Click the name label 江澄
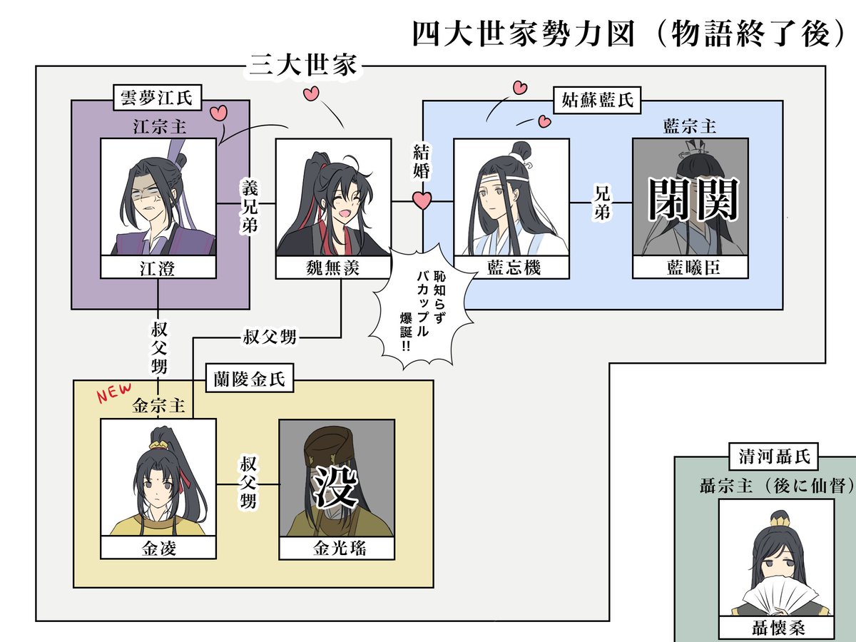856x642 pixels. click(x=158, y=267)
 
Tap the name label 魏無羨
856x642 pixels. click(x=333, y=267)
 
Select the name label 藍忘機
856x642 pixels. click(x=511, y=267)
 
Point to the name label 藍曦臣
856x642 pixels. click(x=690, y=267)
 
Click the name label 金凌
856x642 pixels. click(x=158, y=548)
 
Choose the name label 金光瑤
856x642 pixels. click(x=336, y=548)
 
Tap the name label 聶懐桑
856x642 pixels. click(x=775, y=628)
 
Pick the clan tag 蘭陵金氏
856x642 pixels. click(x=249, y=379)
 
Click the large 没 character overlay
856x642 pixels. click(x=336, y=486)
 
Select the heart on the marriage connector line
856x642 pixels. click(x=422, y=200)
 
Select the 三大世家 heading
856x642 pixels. click(x=302, y=66)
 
